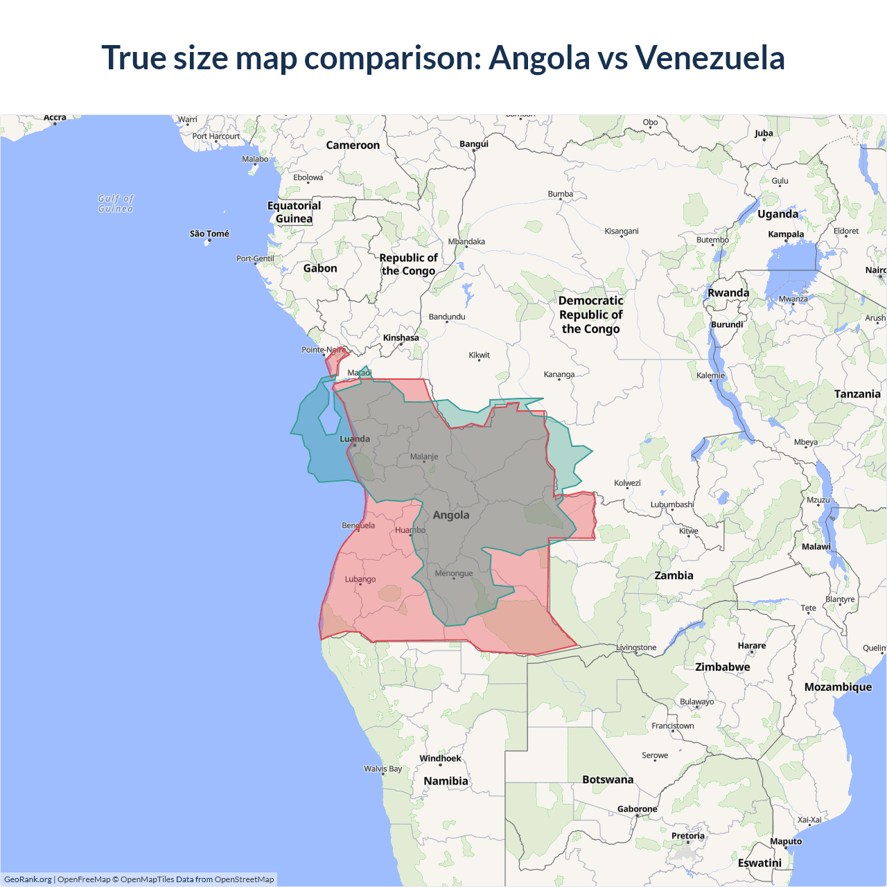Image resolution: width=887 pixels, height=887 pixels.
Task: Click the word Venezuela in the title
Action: [710, 58]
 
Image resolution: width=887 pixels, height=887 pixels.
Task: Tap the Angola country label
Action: [451, 515]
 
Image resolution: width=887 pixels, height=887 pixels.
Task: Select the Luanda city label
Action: [355, 439]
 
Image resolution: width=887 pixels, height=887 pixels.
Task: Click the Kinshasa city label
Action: [401, 337]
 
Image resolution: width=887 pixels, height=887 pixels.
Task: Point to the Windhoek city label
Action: [440, 758]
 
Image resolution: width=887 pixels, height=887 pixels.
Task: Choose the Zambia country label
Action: [674, 575]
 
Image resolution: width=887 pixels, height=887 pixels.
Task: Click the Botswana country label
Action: [608, 780]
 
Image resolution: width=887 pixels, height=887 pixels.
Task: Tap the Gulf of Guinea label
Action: [116, 203]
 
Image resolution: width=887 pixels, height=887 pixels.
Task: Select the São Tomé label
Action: [209, 234]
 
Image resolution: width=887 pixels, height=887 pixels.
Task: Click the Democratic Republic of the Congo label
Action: [591, 315]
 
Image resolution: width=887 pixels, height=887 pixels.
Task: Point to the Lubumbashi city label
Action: [671, 504]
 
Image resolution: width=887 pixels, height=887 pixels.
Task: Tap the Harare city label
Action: [752, 645]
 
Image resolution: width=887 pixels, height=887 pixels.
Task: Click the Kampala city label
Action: [786, 234]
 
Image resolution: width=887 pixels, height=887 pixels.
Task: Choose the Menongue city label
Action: [454, 573]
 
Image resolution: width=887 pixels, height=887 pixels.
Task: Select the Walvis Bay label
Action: [383, 769]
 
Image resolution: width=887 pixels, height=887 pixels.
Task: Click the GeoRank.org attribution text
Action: [28, 879]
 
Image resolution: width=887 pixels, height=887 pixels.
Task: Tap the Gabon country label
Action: [320, 268]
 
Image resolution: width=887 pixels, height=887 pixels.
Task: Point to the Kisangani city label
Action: [622, 231]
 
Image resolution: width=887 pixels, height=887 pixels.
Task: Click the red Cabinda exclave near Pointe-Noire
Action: [335, 361]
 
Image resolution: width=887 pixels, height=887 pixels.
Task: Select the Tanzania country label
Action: [857, 394]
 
